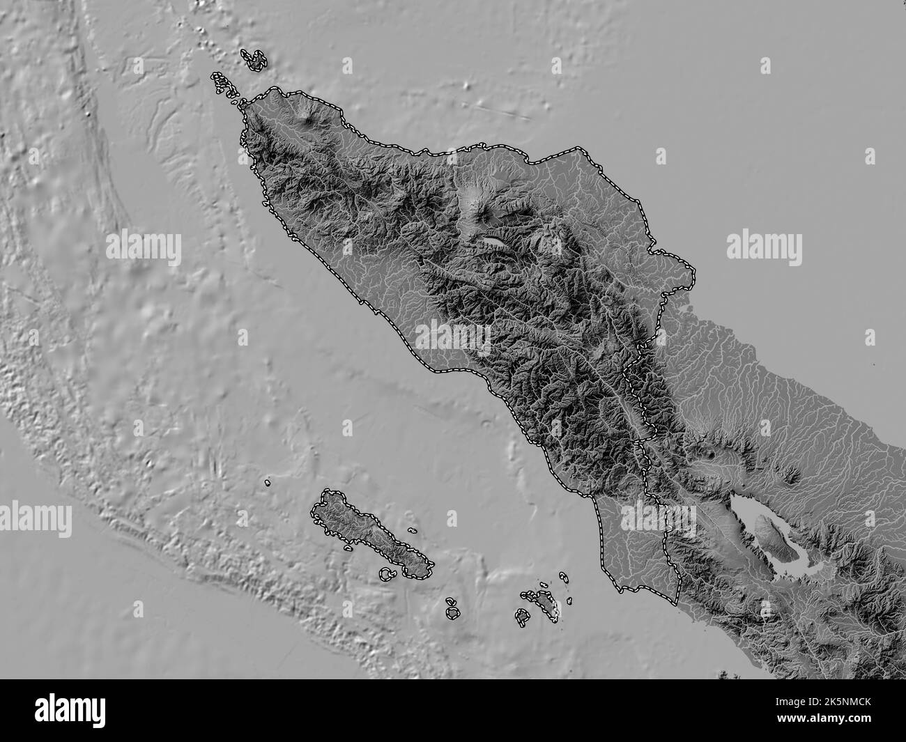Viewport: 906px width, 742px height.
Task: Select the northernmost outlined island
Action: (x=255, y=59)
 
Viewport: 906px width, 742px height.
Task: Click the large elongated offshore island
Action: (x=369, y=533)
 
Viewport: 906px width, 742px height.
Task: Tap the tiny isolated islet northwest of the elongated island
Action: (x=267, y=481)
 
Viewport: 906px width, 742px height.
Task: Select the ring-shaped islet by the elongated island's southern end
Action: (x=385, y=574)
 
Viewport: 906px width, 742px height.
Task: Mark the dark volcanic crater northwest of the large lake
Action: (x=711, y=454)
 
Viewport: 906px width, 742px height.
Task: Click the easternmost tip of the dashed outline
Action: (x=695, y=276)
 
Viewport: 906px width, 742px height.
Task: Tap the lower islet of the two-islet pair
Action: (x=453, y=613)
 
